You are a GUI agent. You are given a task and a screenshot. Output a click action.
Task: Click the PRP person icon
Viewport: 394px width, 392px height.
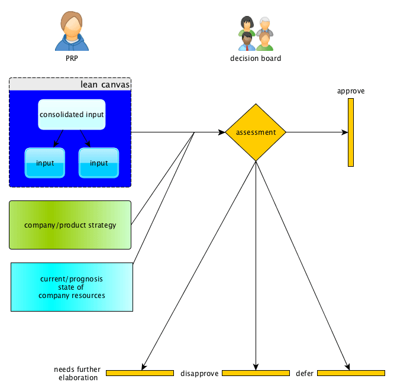(72, 31)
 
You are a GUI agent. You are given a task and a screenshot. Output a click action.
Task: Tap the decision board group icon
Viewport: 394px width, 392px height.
(256, 33)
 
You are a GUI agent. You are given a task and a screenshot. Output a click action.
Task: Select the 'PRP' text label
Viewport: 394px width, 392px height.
(72, 59)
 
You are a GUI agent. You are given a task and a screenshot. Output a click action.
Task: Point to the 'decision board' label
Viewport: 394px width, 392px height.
(256, 59)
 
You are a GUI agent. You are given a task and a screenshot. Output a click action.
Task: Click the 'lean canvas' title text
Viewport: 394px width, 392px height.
(105, 85)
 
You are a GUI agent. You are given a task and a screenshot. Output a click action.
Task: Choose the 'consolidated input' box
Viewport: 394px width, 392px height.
(72, 115)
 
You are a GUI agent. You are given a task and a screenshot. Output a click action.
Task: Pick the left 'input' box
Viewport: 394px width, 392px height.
(45, 163)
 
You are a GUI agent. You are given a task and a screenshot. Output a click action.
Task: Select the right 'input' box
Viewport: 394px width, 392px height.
(99, 163)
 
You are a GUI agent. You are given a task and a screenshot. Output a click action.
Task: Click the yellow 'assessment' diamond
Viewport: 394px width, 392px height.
(256, 132)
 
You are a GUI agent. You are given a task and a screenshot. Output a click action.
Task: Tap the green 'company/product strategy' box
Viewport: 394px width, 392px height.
(70, 225)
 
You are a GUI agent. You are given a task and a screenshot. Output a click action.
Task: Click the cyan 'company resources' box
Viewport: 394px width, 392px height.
(72, 287)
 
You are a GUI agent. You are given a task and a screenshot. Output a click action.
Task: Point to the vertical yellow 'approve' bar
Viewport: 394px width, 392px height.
(351, 132)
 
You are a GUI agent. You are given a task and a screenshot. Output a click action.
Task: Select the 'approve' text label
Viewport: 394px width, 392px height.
(351, 91)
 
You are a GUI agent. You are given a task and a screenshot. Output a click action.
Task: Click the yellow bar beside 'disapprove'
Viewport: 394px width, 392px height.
(256, 373)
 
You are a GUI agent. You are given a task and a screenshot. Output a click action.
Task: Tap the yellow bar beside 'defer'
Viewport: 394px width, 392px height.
(351, 373)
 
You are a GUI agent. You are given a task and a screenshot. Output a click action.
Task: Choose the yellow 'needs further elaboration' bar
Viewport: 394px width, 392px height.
(140, 373)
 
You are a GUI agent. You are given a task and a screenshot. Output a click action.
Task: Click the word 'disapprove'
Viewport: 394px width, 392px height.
(199, 374)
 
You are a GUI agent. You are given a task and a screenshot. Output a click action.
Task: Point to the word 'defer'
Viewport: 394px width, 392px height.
(305, 374)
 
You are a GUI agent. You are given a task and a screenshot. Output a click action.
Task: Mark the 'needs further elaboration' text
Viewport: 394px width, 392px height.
(77, 374)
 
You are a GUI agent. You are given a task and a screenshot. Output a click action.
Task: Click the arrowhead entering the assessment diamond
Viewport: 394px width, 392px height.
(222, 132)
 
